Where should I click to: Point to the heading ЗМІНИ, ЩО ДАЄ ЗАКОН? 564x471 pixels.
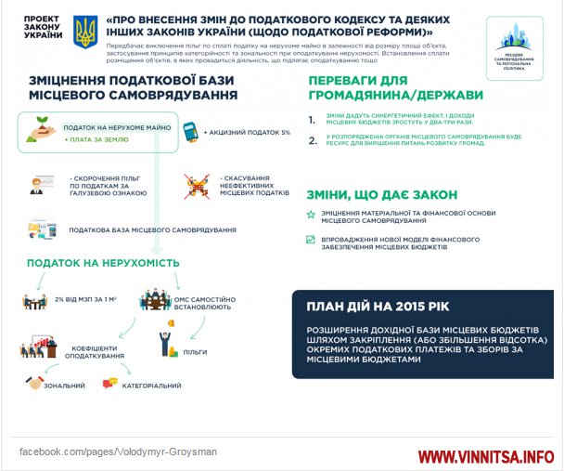click(x=382, y=194)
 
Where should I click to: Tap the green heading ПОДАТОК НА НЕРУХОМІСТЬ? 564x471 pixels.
click(x=102, y=263)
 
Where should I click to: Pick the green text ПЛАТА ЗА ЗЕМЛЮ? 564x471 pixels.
click(x=97, y=139)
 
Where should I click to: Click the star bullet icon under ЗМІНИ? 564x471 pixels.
click(x=311, y=215)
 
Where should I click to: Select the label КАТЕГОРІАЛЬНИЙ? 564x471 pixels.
click(x=154, y=384)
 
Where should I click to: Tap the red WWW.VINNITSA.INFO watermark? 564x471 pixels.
click(x=485, y=457)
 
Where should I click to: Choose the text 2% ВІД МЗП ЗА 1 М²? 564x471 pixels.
click(x=84, y=299)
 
